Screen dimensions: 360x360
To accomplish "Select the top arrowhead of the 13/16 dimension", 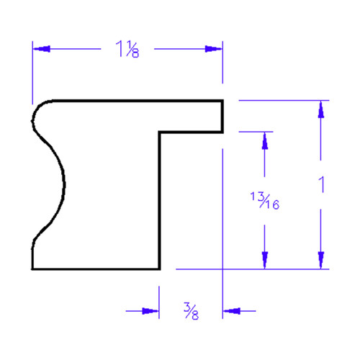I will tap(265, 140).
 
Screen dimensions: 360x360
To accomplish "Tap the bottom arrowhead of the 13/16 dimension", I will tap(265, 260).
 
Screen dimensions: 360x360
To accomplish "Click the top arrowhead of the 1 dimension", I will tap(321, 109).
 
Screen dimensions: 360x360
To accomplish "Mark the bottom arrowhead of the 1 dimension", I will tap(321, 260).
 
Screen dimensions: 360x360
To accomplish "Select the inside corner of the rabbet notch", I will tap(159, 132).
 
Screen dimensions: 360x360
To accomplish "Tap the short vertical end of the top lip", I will tap(222, 116).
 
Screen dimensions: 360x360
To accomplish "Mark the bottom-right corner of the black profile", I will tap(159, 269).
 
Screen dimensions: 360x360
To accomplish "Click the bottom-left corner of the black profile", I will tap(32, 269).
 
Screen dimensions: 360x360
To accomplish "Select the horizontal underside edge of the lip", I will tap(191, 132).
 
